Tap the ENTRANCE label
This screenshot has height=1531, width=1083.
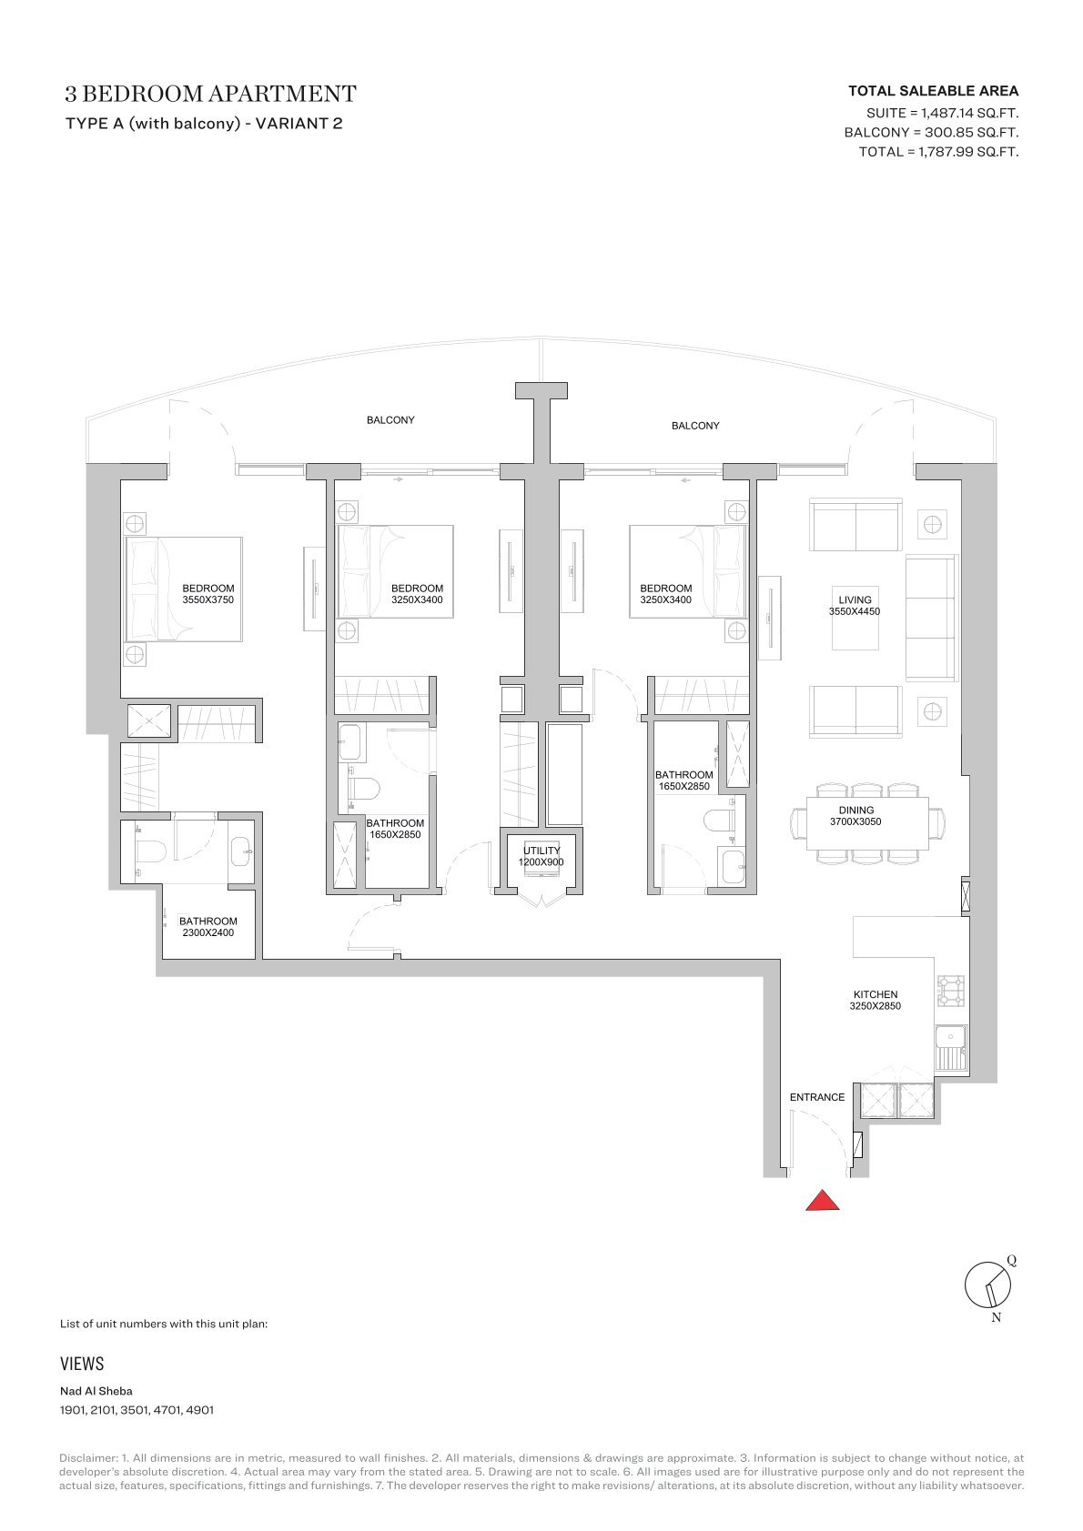tap(817, 1097)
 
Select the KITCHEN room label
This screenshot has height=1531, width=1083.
tap(876, 994)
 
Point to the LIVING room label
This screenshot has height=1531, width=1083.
tap(855, 599)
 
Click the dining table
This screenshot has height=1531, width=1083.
tap(867, 823)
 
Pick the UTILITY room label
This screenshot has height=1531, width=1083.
tap(541, 851)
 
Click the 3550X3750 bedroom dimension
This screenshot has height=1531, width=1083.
tap(207, 600)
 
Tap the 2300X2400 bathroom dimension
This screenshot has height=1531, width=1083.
tap(207, 932)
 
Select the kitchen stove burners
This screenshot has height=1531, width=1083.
tap(951, 991)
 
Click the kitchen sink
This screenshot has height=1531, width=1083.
tap(951, 1047)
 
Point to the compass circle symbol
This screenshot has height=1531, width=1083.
tap(987, 1284)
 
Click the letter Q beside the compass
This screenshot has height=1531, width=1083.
tap(1011, 1261)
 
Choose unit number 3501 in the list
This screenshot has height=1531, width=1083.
tap(135, 1409)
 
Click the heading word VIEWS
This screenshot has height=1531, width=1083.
tap(82, 1364)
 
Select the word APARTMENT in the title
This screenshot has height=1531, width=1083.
tap(282, 94)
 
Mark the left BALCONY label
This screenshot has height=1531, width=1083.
tap(390, 420)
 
